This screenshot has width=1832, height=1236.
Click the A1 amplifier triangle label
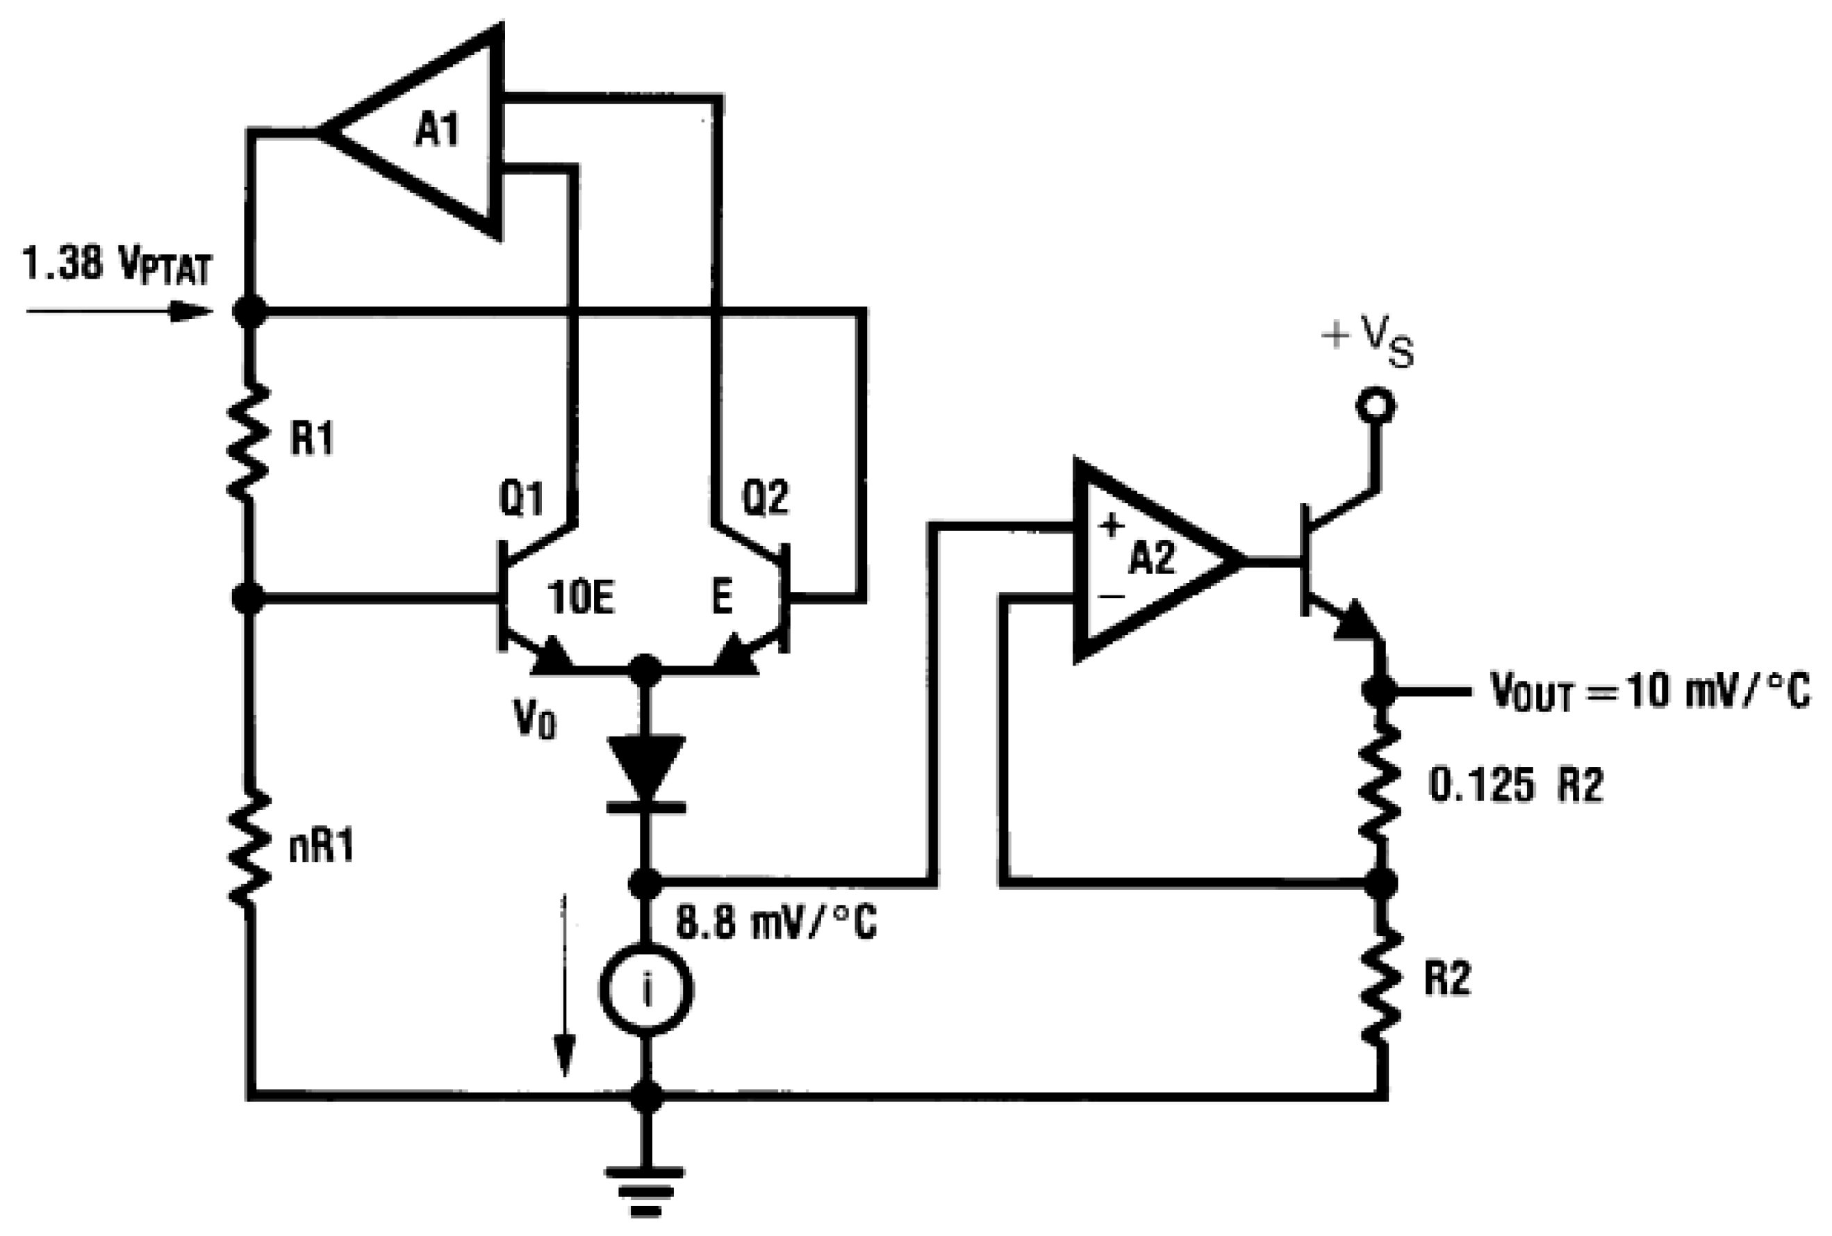pos(438,131)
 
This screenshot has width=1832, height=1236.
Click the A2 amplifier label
pos(1152,558)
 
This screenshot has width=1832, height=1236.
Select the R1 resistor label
pos(311,438)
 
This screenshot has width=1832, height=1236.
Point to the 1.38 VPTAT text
pos(117,265)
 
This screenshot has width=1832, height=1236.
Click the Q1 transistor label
pos(521,499)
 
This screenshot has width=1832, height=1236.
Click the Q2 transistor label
pos(765,499)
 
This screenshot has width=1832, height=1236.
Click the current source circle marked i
pos(646,991)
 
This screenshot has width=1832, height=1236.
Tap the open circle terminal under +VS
pos(1376,406)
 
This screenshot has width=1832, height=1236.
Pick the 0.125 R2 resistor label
pos(1516,786)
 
